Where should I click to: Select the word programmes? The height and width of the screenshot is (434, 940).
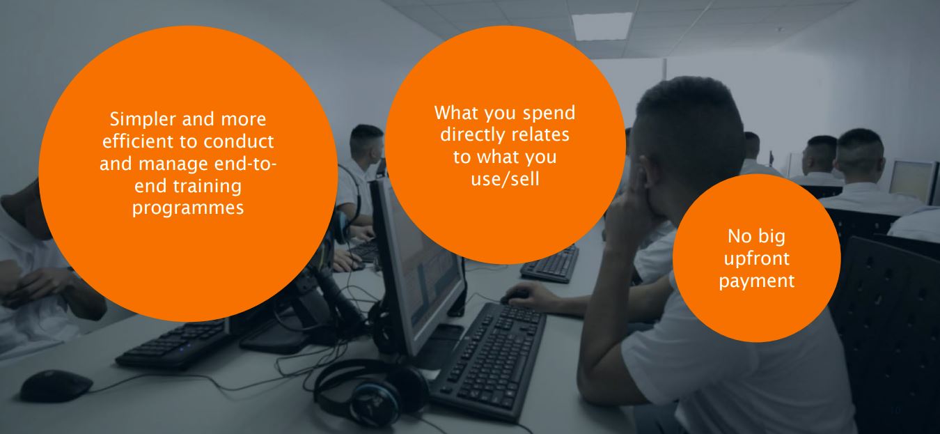(x=188, y=208)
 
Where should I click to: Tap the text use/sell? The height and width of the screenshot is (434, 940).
(x=505, y=179)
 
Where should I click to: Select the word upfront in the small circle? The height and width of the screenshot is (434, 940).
(x=757, y=259)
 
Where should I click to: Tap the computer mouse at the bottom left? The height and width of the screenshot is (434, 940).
(x=56, y=385)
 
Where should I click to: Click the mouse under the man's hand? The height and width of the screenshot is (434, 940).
(x=514, y=297)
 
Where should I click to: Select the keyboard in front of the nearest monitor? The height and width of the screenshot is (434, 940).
(x=489, y=361)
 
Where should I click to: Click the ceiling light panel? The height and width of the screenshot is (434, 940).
(x=602, y=26)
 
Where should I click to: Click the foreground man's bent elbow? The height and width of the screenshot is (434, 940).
(x=596, y=384)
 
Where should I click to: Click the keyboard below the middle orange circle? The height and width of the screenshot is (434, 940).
(x=550, y=263)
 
